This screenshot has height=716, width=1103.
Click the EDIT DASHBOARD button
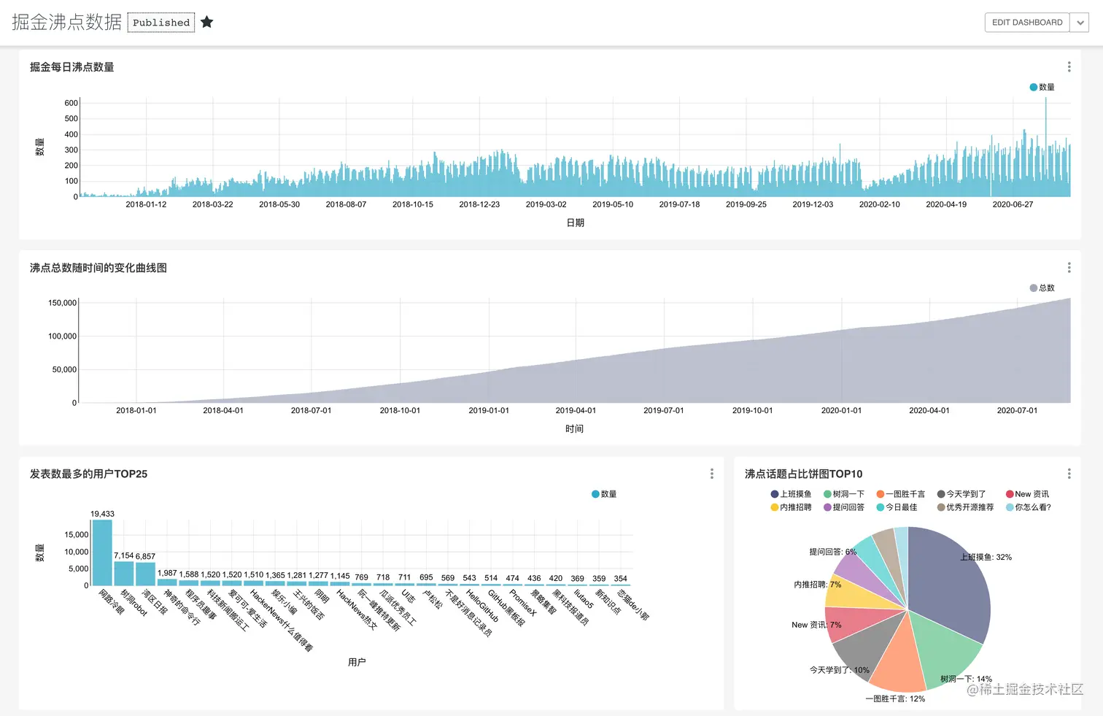(1026, 23)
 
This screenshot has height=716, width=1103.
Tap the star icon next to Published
(207, 22)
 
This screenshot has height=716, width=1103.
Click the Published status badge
(161, 23)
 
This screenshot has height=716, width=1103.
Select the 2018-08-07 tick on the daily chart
(346, 204)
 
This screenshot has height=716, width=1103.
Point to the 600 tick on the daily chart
(71, 103)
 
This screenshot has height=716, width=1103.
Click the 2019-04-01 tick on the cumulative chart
(576, 410)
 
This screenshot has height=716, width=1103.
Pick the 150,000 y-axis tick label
(63, 303)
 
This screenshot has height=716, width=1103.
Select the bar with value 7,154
(124, 573)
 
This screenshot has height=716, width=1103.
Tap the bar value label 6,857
(145, 556)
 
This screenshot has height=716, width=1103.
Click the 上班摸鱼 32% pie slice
(948, 584)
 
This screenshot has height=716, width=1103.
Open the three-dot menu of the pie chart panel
(1069, 474)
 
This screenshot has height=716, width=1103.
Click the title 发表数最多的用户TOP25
(88, 474)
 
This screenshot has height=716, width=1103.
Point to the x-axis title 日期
(575, 223)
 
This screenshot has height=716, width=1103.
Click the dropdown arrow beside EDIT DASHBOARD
(1080, 23)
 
